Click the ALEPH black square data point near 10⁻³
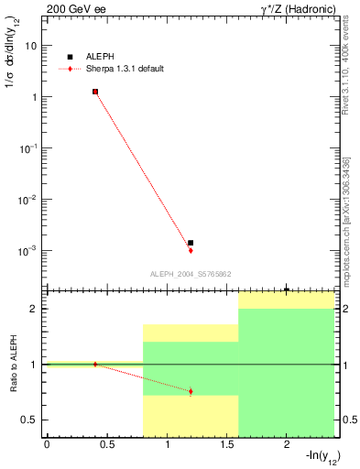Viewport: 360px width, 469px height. tap(191, 243)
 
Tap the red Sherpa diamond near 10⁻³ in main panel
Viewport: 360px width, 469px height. tap(191, 250)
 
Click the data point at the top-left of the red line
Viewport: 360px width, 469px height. tap(95, 92)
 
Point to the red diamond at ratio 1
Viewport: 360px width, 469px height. tap(95, 364)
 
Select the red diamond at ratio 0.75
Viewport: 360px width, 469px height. tap(191, 391)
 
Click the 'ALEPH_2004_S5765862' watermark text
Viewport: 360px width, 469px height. tap(190, 274)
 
